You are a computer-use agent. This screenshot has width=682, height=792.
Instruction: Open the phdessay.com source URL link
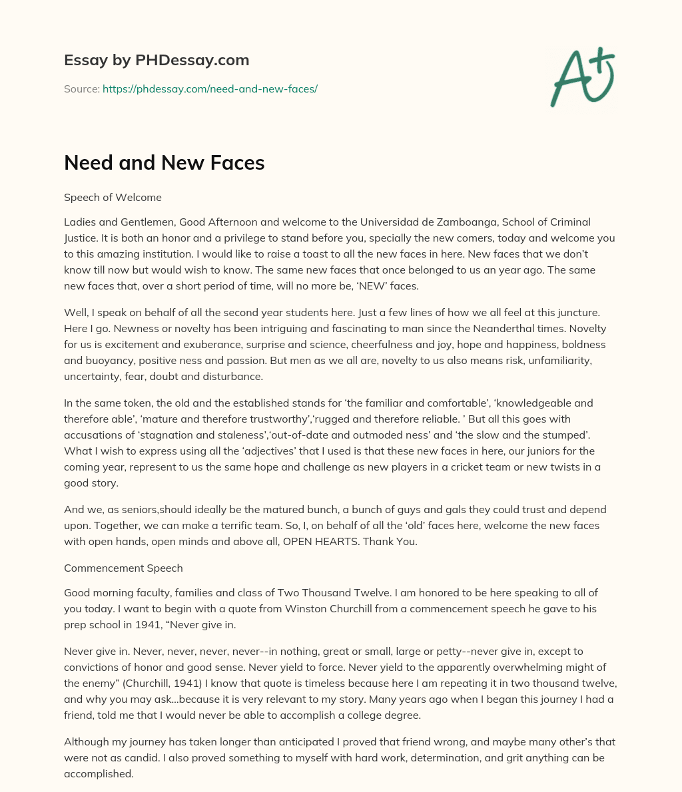[210, 89]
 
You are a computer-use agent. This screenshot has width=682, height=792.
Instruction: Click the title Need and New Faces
[164, 163]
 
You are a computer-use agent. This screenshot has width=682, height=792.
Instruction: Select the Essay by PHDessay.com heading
[157, 61]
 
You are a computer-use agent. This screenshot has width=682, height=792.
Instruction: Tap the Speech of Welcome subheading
[113, 197]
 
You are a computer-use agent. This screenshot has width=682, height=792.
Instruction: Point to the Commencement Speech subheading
[123, 568]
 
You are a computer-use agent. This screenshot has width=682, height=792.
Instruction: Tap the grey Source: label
[81, 89]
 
